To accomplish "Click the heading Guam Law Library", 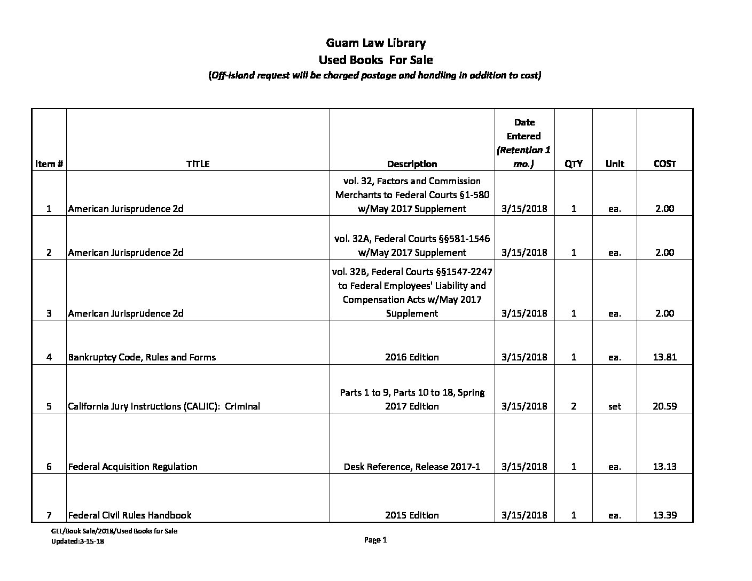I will tap(375, 43).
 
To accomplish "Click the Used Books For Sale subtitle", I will tap(375, 60).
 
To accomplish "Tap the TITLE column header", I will tap(198, 164).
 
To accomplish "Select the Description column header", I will tap(412, 164).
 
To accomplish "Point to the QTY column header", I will tap(574, 164).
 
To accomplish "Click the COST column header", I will tap(664, 164).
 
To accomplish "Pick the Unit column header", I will tap(615, 164).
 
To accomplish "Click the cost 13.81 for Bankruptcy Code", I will tap(664, 357).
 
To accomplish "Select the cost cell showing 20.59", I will tap(664, 406).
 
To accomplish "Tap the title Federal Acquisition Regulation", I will tap(132, 466).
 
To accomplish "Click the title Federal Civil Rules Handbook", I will tap(130, 515).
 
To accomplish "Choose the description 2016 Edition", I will tap(412, 357).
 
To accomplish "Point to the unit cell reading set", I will tap(615, 406).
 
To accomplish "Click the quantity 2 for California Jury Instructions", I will tap(574, 406).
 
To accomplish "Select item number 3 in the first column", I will tap(49, 313).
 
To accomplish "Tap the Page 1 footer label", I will tap(375, 540).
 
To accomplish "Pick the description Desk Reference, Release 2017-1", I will tap(412, 466).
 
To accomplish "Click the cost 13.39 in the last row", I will tap(664, 515).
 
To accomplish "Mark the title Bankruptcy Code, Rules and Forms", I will tap(142, 357).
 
